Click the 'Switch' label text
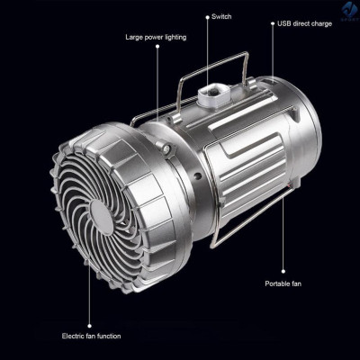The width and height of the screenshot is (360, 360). click(220, 16)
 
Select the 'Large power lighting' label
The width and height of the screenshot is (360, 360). click(155, 38)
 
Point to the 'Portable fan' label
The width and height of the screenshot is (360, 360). click(284, 283)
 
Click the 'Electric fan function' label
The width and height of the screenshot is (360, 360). click(90, 336)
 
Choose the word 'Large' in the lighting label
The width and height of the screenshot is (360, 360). click(135, 38)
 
